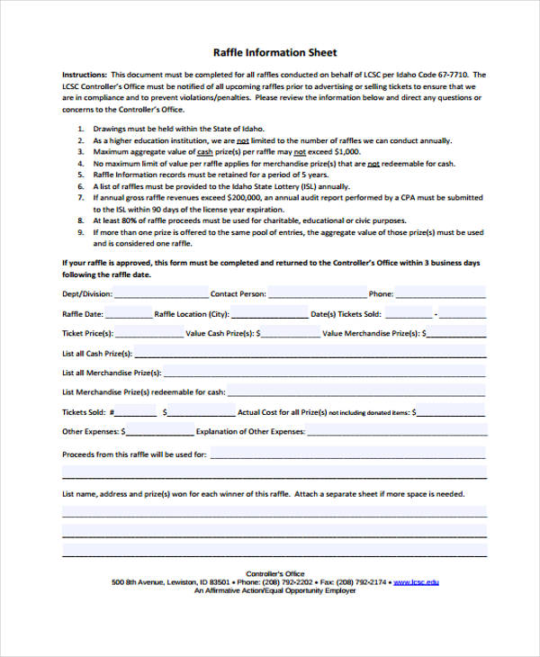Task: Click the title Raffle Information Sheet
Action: point(274,52)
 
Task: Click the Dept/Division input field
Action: point(160,292)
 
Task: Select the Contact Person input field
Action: point(317,292)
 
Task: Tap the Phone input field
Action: point(441,292)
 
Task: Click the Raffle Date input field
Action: point(130,313)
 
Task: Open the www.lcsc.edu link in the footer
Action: point(417,582)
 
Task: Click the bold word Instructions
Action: point(84,75)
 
